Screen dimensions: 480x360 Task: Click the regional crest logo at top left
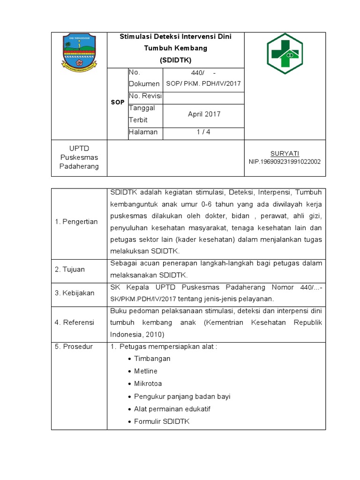point(79,50)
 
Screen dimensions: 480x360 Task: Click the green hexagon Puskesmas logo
point(285,51)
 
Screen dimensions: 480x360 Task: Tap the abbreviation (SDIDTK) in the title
point(175,60)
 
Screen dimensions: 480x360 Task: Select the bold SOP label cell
point(118,102)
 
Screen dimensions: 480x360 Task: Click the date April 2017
point(204,114)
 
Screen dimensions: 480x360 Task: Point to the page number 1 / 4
point(203,132)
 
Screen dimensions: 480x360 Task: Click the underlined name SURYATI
point(285,153)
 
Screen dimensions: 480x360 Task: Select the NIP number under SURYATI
point(285,162)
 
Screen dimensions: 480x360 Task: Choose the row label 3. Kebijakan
point(75,293)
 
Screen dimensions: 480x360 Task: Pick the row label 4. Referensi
point(75,322)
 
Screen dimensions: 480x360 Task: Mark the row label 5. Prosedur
point(74,346)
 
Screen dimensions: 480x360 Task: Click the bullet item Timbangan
point(152,359)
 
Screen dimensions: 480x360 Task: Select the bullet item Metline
point(146,371)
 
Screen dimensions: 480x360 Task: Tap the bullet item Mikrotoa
point(148,384)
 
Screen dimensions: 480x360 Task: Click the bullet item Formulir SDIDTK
point(161,421)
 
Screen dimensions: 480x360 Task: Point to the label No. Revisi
point(145,96)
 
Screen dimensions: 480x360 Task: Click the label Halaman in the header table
point(143,132)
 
